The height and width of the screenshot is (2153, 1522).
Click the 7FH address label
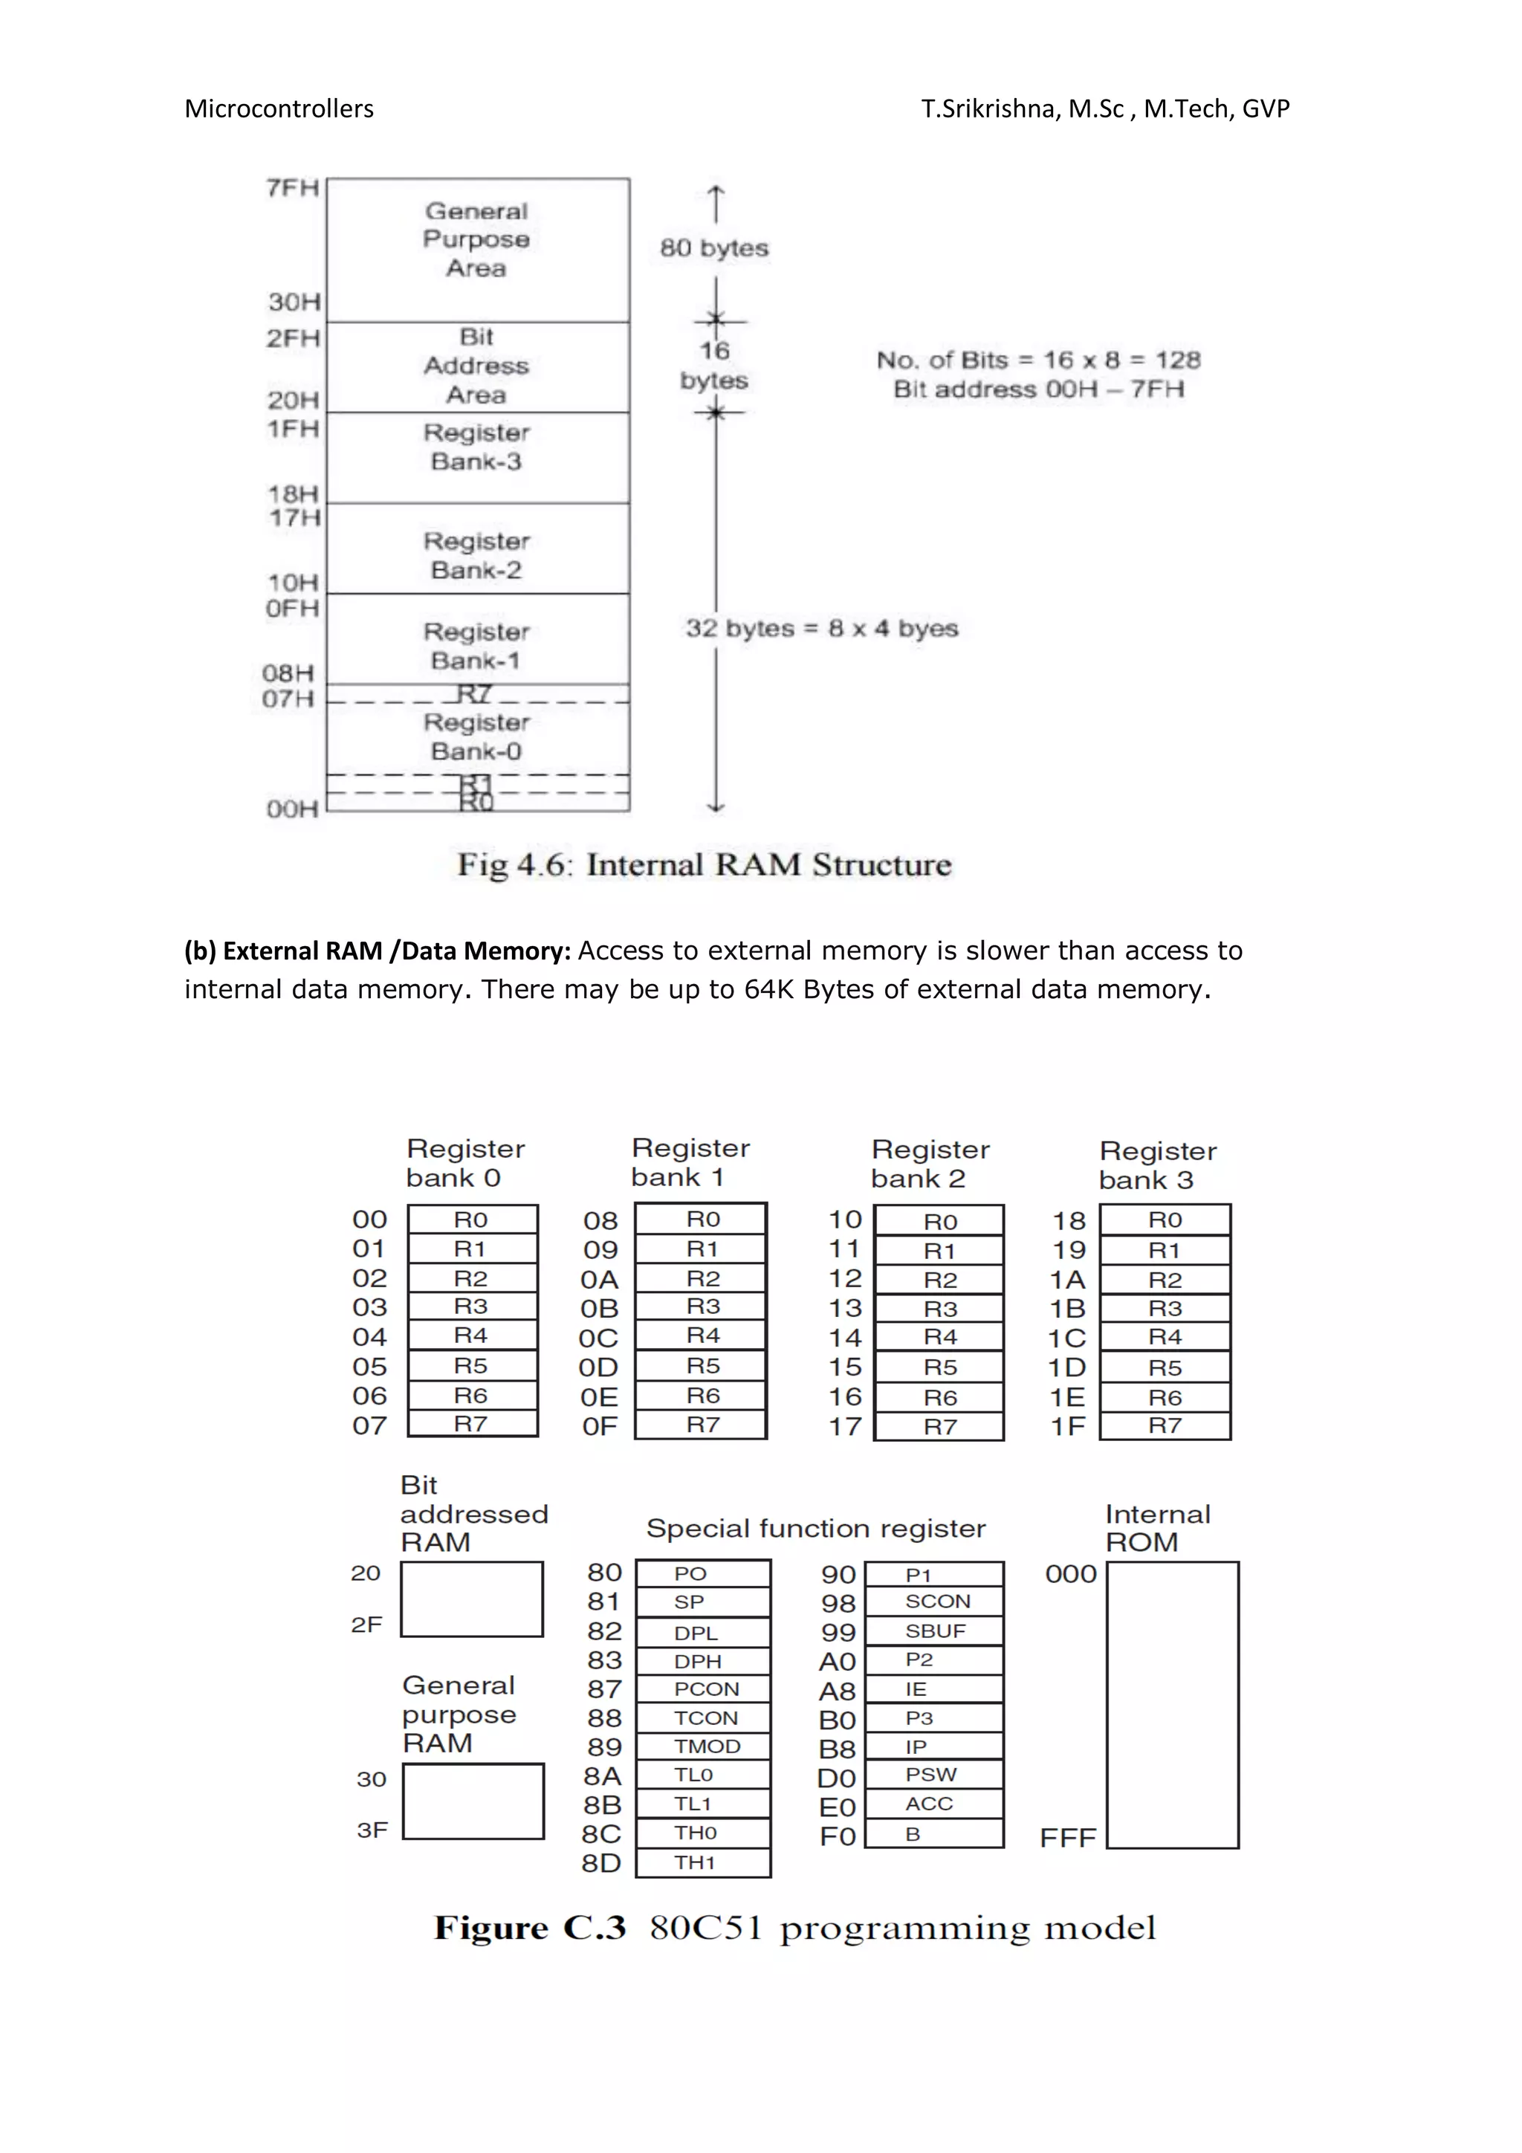click(293, 187)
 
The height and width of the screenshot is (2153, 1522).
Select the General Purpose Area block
click(477, 240)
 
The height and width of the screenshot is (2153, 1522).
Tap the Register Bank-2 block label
click(477, 555)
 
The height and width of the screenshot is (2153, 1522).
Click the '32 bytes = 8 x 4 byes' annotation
click(821, 628)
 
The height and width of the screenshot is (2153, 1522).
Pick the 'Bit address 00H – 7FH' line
click(1038, 389)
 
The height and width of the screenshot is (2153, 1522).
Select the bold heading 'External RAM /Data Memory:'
click(377, 951)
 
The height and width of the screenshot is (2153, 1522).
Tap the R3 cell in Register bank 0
click(472, 1307)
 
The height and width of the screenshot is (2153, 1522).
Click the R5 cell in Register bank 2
click(939, 1367)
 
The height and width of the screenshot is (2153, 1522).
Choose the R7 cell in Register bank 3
click(1165, 1425)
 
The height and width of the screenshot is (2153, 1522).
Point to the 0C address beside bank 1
click(598, 1338)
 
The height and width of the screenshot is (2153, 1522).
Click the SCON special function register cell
click(935, 1602)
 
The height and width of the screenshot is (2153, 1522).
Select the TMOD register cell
click(705, 1746)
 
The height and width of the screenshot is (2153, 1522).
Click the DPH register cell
click(699, 1661)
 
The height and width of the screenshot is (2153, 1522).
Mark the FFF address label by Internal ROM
click(1067, 1838)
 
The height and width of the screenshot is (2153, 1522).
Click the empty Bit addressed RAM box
click(472, 1599)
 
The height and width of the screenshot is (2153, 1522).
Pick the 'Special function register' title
click(816, 1529)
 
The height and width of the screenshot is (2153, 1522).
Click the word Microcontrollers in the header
click(279, 109)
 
